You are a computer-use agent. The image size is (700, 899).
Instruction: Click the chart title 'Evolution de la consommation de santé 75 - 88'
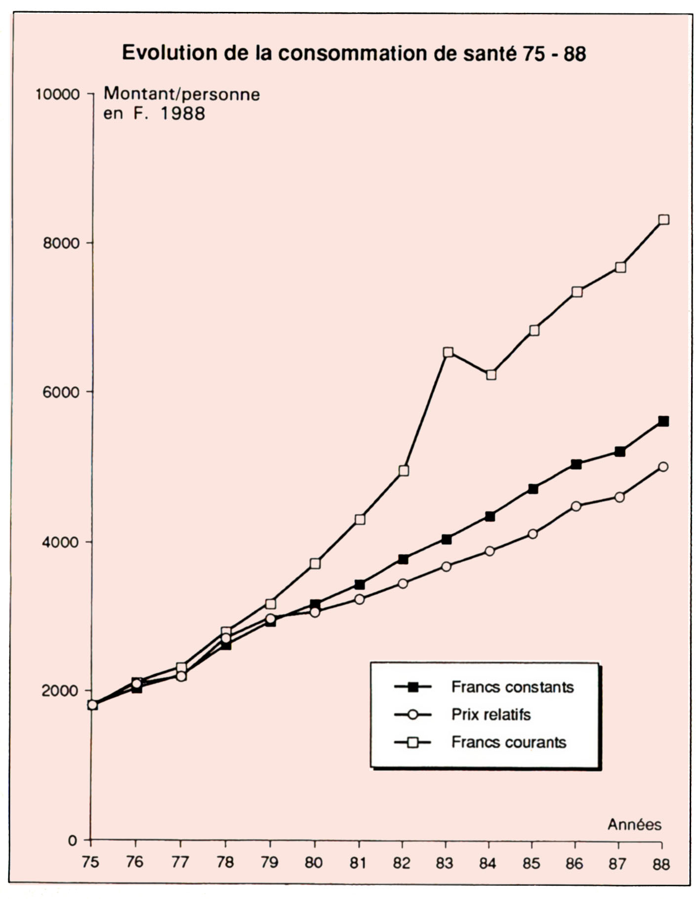(354, 53)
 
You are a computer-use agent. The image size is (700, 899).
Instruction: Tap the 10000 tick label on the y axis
(57, 94)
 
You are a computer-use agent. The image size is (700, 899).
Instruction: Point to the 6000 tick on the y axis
(59, 392)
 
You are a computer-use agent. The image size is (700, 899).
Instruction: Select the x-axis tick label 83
(445, 862)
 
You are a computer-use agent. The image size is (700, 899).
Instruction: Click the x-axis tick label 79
(269, 862)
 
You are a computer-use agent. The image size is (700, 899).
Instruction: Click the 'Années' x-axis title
(634, 824)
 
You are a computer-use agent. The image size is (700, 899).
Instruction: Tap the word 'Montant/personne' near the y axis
(181, 94)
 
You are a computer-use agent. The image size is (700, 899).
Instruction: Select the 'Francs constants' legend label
(512, 687)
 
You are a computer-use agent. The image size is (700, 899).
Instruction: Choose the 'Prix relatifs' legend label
(491, 714)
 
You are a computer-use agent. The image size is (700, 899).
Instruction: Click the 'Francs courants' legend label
(509, 742)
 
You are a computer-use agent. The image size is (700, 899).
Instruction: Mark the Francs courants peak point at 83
(448, 352)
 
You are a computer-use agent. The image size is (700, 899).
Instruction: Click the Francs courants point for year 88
(664, 219)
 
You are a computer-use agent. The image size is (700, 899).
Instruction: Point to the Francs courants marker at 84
(491, 374)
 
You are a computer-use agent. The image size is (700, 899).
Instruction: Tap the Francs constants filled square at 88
(663, 421)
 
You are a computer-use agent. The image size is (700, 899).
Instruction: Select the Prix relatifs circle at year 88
(663, 466)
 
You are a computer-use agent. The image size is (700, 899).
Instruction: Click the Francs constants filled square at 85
(533, 489)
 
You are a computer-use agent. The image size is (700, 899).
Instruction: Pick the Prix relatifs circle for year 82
(403, 583)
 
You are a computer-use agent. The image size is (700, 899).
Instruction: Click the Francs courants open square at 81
(360, 519)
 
